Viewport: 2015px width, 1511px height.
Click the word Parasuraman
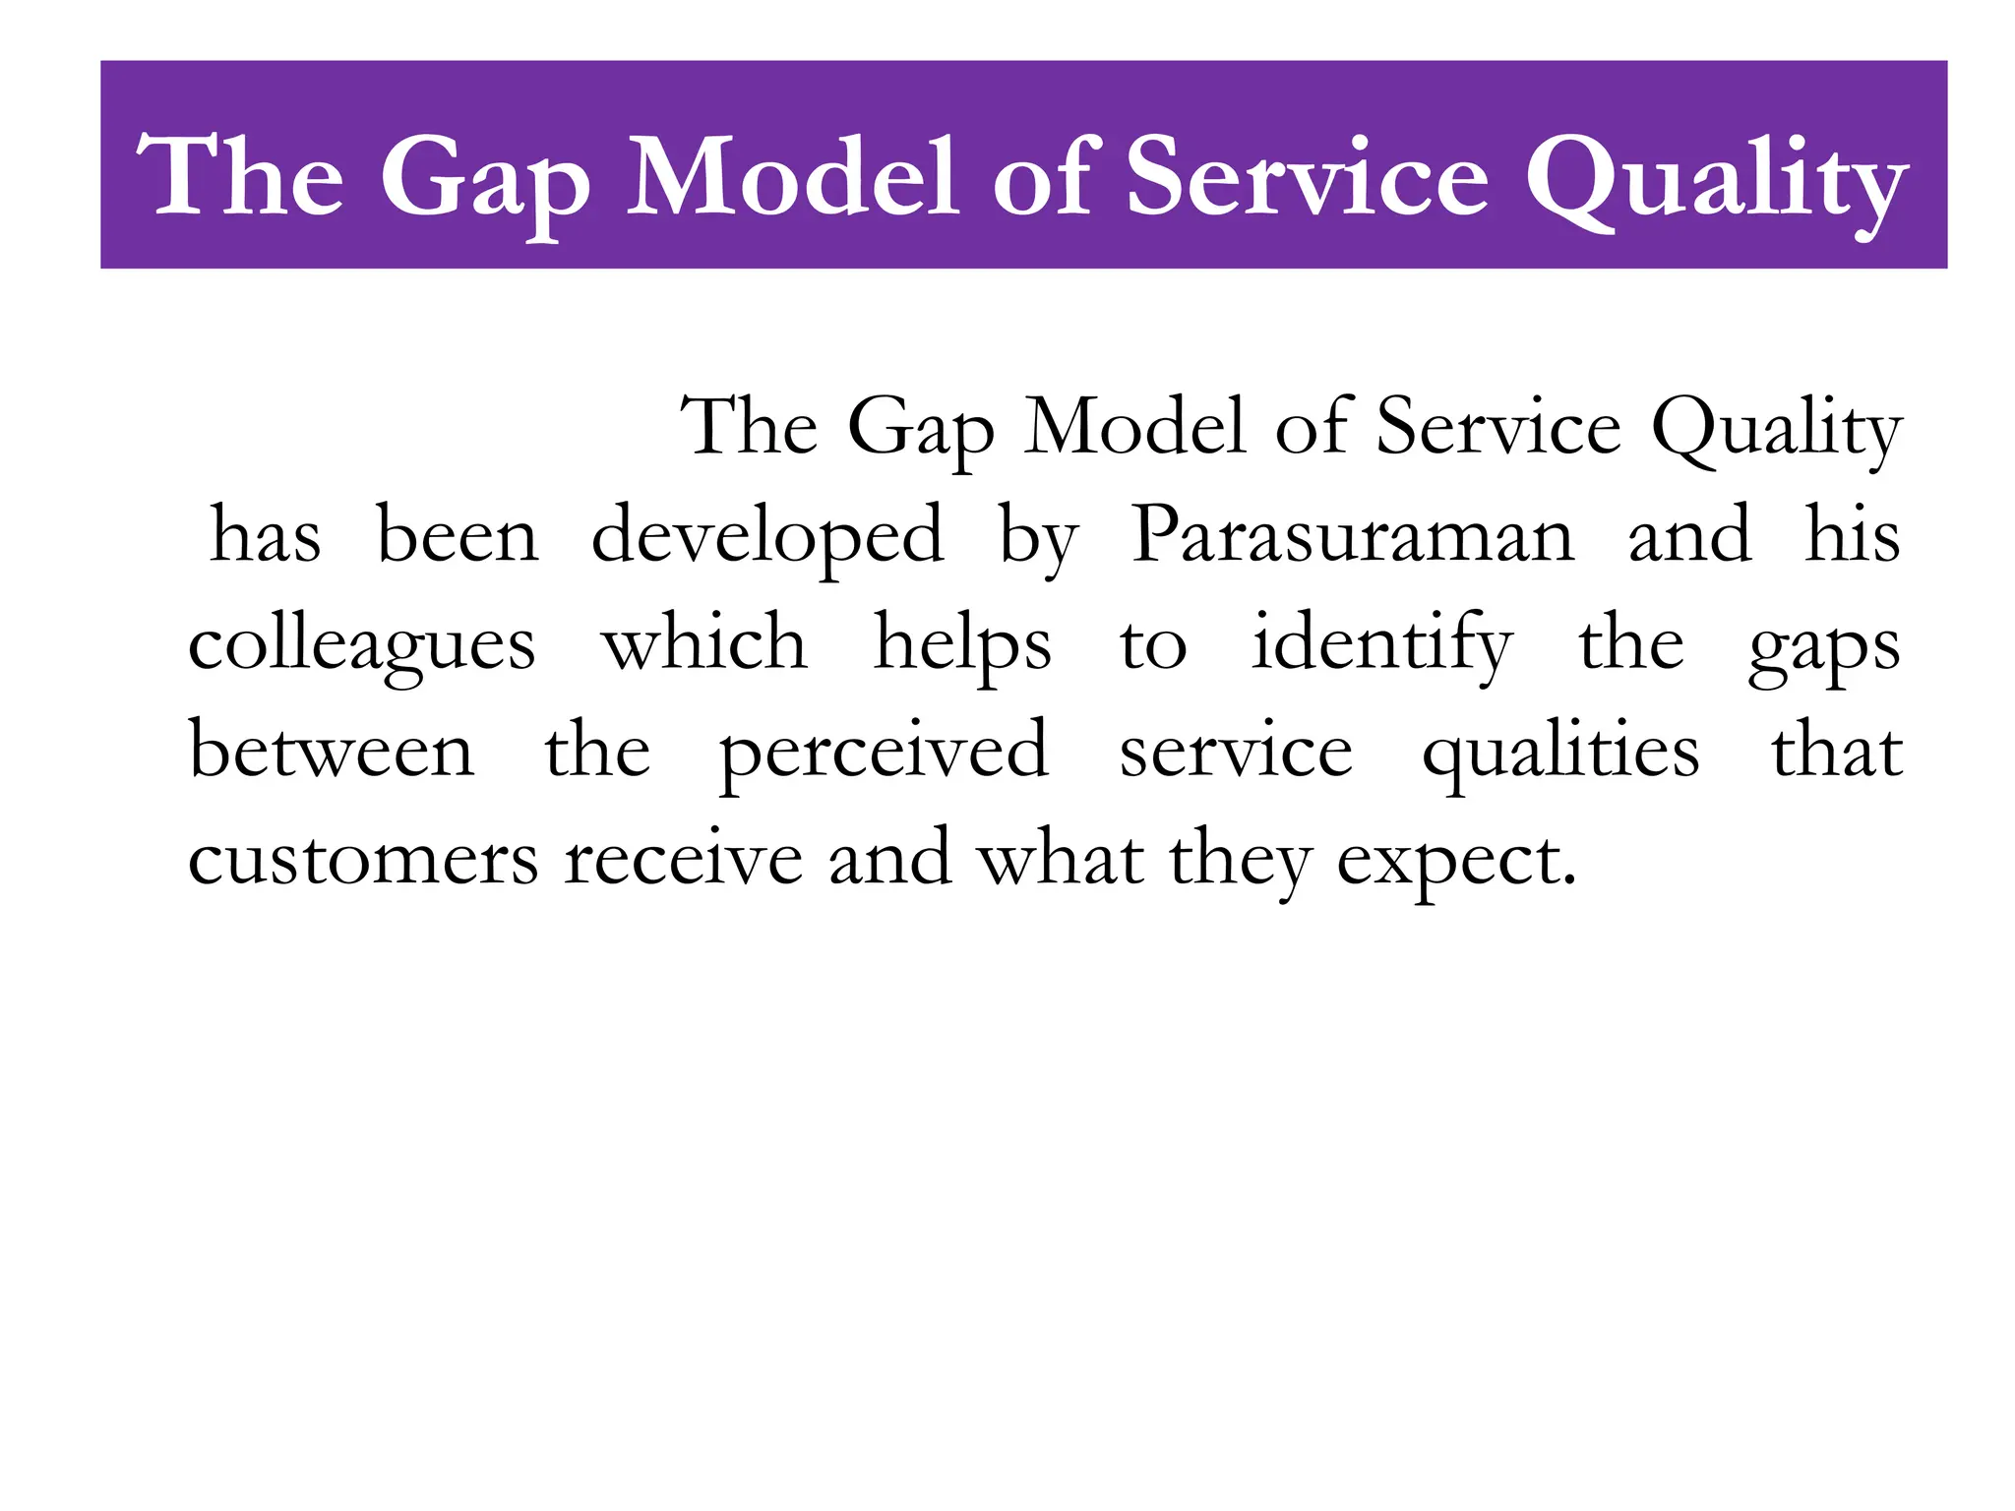coord(1353,536)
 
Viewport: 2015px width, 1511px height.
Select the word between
coord(332,752)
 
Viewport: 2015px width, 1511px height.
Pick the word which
coord(704,644)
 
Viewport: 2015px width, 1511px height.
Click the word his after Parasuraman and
coord(1852,536)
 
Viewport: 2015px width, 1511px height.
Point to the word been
coord(458,536)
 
